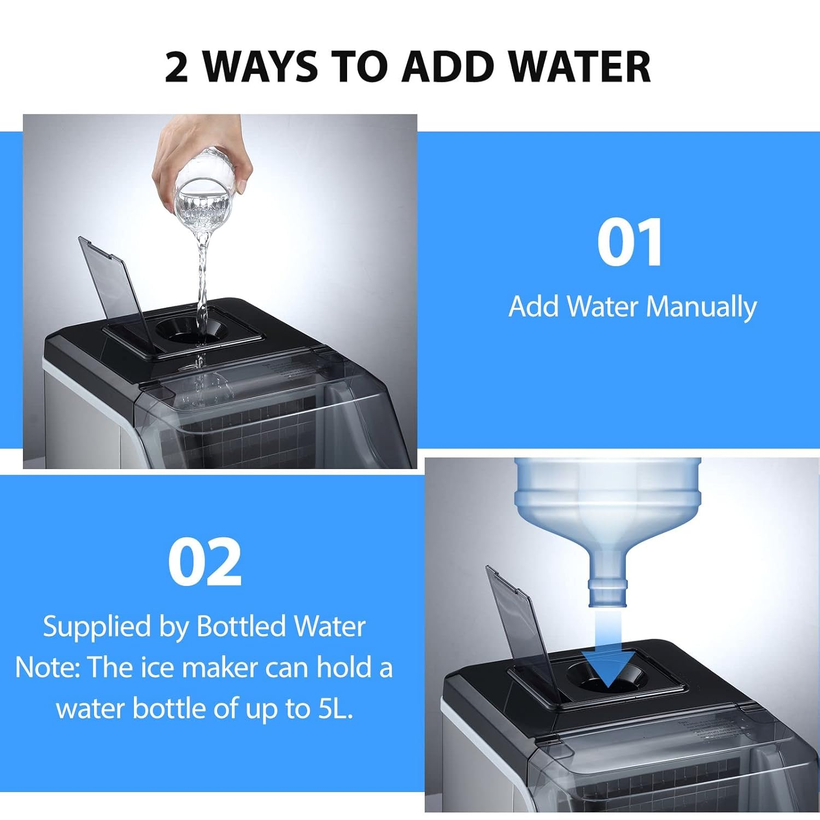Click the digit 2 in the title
tap(177, 67)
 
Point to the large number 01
tap(630, 242)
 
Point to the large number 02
tap(204, 562)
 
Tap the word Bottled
tap(239, 626)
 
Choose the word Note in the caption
tap(46, 667)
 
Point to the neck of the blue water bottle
tap(607, 593)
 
